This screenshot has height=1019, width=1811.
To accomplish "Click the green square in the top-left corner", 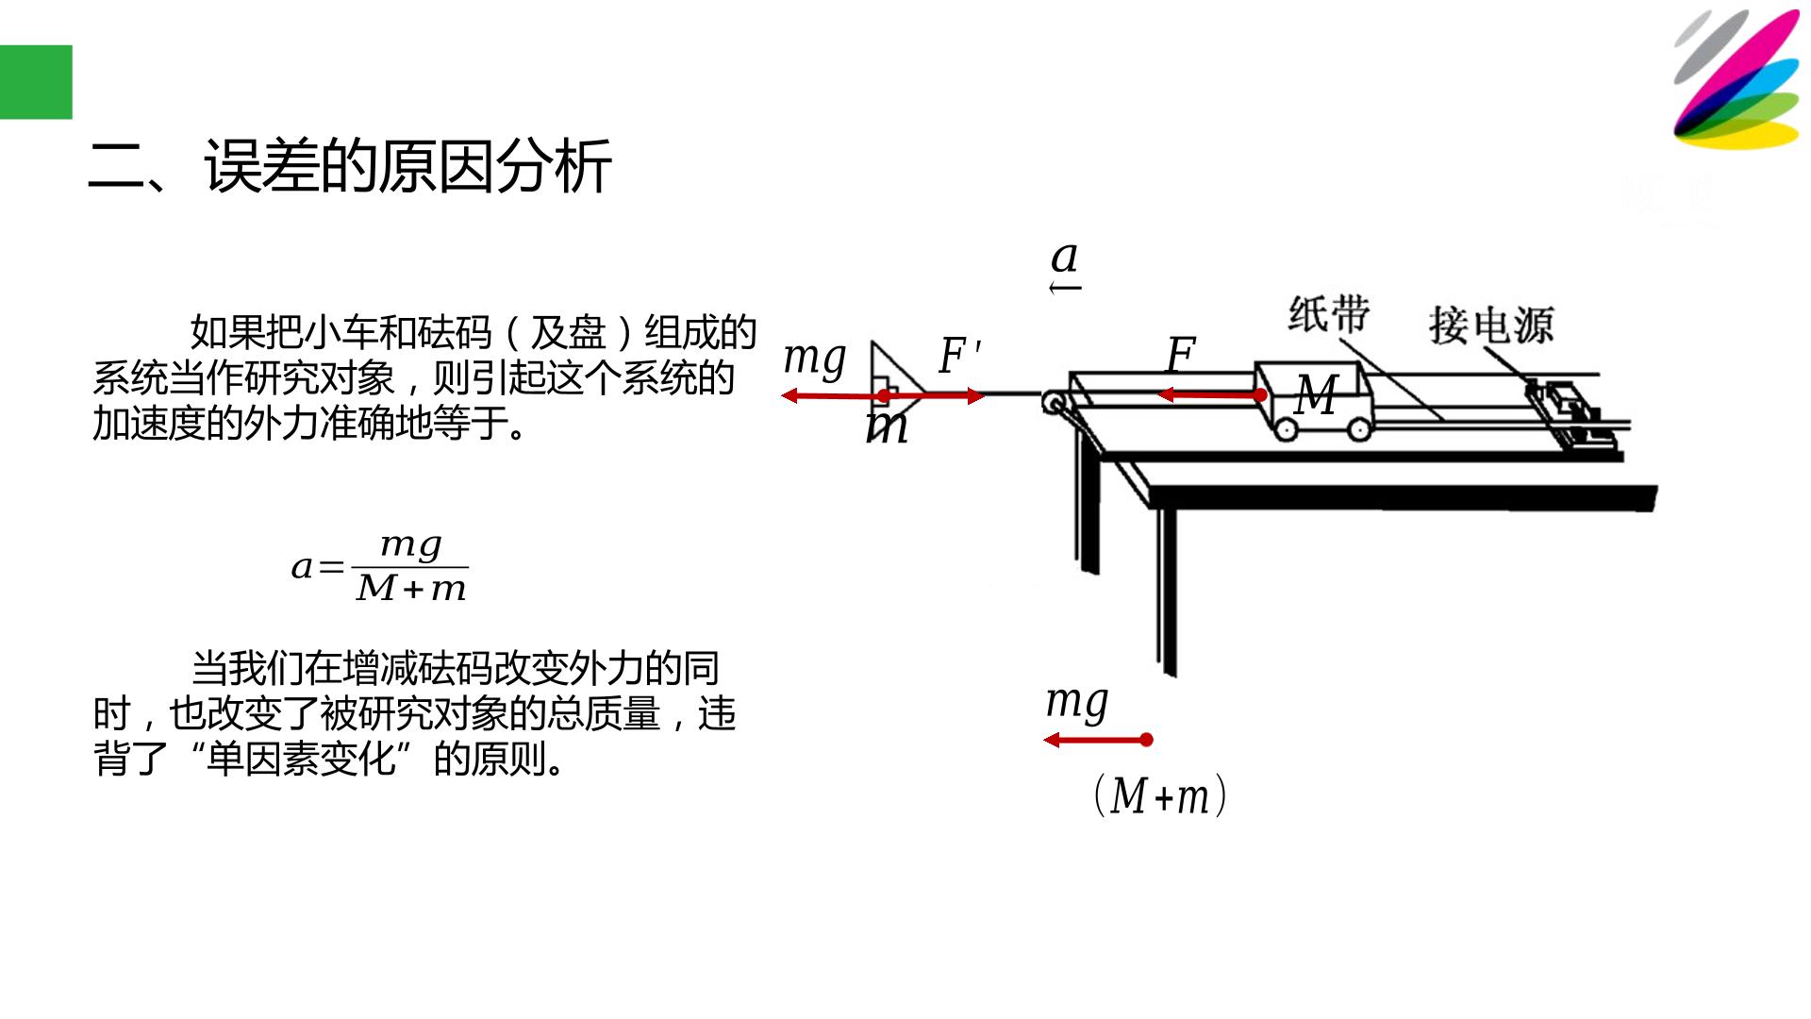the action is (x=36, y=82).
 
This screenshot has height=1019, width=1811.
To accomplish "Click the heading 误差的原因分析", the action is (x=408, y=167).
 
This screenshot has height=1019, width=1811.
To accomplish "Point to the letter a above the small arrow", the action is (x=1065, y=257).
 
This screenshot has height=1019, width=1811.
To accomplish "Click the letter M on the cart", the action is (x=1316, y=394).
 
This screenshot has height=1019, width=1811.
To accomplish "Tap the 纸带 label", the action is (x=1329, y=313).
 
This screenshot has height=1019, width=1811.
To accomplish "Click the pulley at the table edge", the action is (x=1054, y=403).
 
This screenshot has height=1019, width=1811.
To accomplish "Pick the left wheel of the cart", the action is (x=1286, y=429).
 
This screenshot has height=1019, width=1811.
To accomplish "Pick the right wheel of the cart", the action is (x=1358, y=429).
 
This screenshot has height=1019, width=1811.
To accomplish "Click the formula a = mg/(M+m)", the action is (x=379, y=567).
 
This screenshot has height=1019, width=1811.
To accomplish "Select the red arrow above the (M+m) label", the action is (x=1098, y=740).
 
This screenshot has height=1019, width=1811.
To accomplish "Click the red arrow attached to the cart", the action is (x=1212, y=395).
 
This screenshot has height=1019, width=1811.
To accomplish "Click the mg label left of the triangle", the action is (x=815, y=359).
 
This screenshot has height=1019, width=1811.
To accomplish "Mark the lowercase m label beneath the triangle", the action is (x=887, y=426).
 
